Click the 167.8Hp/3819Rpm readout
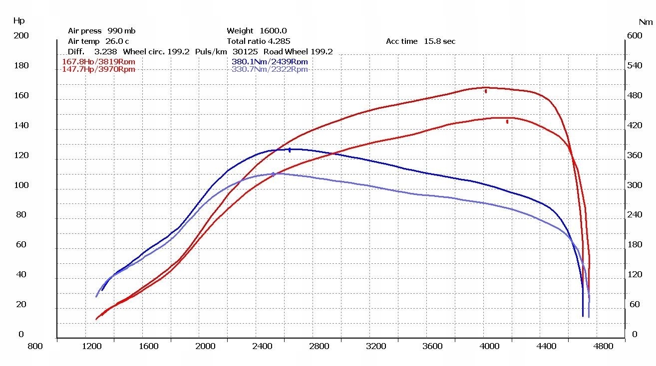(98, 62)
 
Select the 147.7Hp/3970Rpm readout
(98, 69)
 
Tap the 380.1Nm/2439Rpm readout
(270, 62)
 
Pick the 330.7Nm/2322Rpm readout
(270, 69)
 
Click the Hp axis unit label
(18, 21)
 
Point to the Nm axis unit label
(646, 22)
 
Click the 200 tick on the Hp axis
(21, 36)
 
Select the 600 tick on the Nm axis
(635, 36)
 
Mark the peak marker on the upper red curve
(486, 91)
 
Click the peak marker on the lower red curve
(507, 121)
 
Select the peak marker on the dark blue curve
(290, 150)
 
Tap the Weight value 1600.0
(273, 31)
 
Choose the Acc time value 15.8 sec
(439, 41)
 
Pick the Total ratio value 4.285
(280, 41)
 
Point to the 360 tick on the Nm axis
(635, 156)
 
